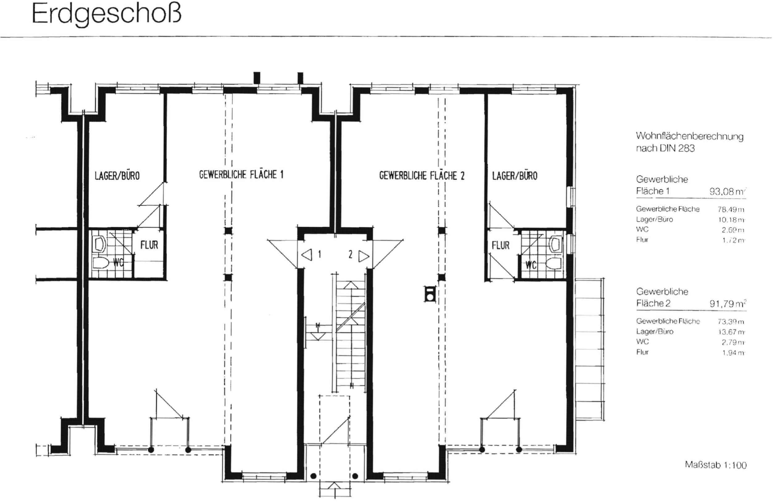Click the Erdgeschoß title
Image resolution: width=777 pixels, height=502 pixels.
106,14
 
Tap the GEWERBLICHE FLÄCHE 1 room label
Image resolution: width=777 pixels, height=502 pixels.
241,175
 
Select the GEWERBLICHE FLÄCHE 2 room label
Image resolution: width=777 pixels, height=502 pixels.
422,176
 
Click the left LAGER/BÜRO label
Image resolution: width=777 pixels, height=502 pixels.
117,176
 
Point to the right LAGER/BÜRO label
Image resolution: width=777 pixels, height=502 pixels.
514,176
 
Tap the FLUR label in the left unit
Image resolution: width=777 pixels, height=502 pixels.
149,245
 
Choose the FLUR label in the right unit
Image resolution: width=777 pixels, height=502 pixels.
500,246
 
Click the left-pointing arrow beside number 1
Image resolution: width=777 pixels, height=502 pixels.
307,255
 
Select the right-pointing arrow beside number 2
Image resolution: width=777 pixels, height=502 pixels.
364,256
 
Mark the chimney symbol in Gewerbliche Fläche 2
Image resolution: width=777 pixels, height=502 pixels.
430,294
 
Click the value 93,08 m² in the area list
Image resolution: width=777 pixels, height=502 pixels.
727,191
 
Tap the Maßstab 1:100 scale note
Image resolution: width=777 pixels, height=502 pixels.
715,465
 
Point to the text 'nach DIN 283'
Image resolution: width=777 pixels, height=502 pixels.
665,148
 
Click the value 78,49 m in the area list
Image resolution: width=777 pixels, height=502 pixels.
731,209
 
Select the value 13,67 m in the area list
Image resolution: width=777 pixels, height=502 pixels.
731,332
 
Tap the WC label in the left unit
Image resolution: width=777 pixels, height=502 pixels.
118,263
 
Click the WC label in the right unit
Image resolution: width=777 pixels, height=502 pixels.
531,265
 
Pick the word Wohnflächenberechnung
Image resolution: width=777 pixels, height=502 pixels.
689,136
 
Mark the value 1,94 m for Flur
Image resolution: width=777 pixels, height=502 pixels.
733,353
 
